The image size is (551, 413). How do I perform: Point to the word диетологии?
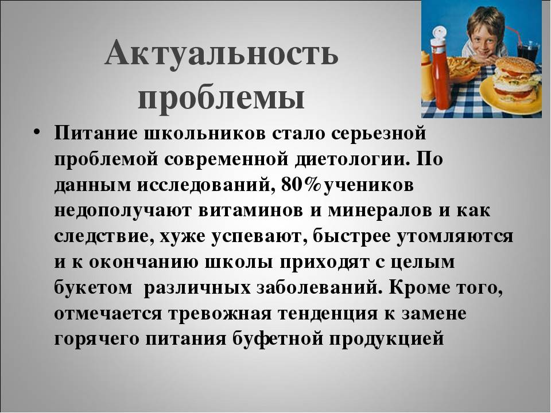pos(352,159)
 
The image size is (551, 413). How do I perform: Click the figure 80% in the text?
pos(302,185)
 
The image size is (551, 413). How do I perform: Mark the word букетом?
pos(93,288)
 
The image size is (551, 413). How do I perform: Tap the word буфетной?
pos(277,339)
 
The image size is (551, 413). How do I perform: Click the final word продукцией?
pos(386,340)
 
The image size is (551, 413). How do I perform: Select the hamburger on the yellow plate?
pos(516,79)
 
